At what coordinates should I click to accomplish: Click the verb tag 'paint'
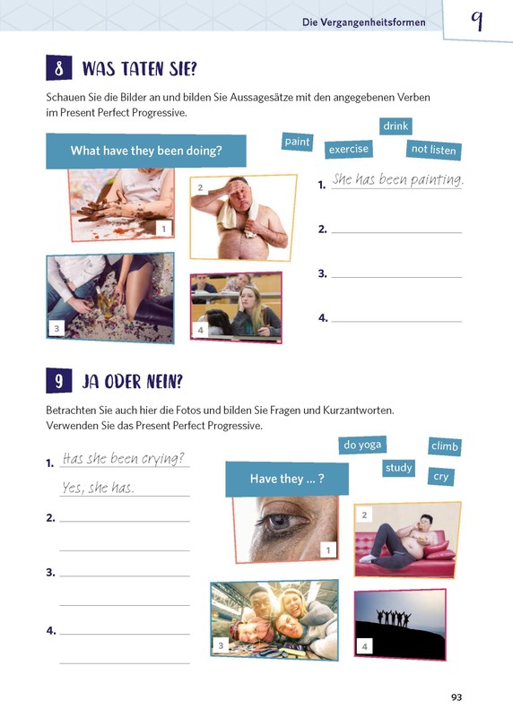click(297, 142)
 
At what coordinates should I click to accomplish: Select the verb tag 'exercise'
click(349, 150)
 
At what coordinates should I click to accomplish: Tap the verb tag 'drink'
click(396, 125)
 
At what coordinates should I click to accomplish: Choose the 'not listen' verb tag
click(433, 150)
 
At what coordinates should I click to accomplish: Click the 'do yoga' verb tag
click(362, 445)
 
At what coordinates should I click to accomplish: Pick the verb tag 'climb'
click(445, 446)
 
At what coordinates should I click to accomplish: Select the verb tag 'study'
click(398, 468)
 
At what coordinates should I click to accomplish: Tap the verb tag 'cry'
click(441, 477)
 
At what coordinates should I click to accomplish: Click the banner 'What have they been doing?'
click(146, 151)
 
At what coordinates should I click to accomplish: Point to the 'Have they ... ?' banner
click(287, 479)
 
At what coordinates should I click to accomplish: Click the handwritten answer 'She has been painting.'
click(397, 179)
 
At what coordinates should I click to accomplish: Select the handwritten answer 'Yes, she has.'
click(99, 488)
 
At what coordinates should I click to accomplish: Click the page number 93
click(456, 697)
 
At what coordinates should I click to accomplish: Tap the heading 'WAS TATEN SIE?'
click(139, 69)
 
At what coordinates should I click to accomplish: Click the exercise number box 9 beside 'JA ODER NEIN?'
click(58, 381)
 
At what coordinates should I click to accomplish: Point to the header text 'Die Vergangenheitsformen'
click(364, 22)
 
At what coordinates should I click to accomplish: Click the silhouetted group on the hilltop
click(394, 618)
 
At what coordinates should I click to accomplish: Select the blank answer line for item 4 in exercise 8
click(396, 322)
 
